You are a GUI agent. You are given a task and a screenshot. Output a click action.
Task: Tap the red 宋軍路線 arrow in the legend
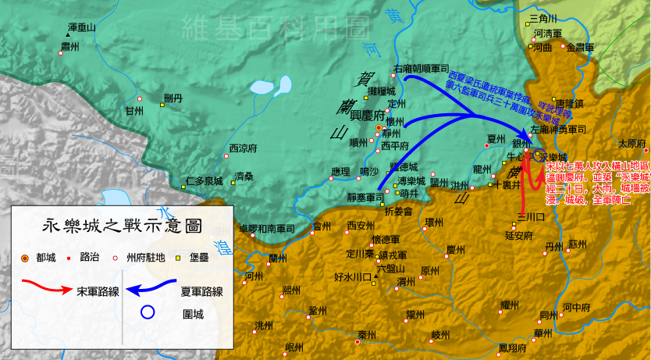coord(43,289)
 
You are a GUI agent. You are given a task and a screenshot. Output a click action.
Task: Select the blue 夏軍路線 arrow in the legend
coord(151,290)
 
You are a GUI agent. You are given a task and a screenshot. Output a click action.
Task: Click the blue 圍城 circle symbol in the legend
coord(149,314)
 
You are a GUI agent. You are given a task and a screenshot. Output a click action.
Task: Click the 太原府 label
coord(632,144)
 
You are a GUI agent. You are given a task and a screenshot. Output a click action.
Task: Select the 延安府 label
coord(519,234)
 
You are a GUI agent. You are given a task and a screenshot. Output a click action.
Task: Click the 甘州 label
coord(134,112)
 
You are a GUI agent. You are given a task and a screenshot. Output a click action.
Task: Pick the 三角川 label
coord(542,18)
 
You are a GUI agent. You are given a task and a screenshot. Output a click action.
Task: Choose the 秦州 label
coord(368,335)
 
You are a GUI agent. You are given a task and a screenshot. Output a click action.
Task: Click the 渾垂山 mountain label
coord(81,27)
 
